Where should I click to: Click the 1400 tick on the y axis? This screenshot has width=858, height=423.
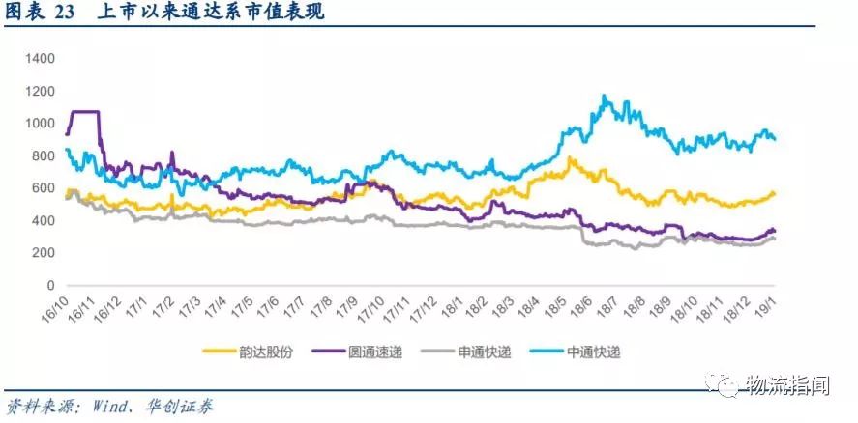pos(44,58)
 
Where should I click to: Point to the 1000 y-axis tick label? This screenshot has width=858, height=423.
pos(44,124)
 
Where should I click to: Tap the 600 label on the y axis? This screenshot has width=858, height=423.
pos(47,188)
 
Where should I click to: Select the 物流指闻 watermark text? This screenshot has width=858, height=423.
pos(788,385)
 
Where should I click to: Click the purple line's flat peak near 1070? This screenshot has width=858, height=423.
pos(85,112)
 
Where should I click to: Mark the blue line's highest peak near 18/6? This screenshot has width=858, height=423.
pos(604,96)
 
